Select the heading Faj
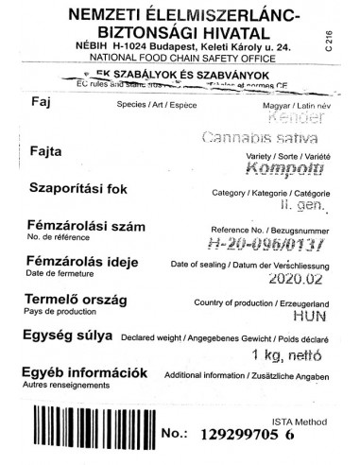click(41, 104)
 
